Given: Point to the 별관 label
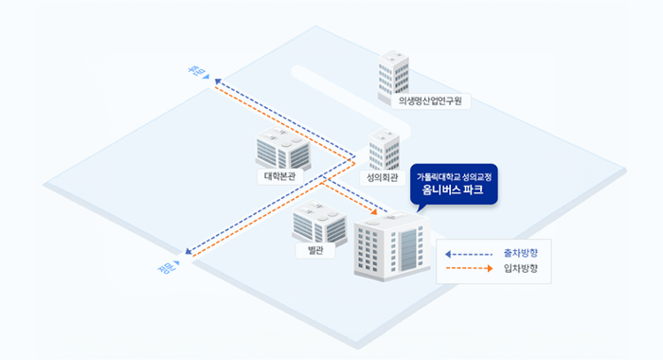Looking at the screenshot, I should coord(314,250).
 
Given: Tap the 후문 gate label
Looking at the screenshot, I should coord(197,72).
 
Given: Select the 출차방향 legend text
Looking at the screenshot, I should coord(520,253).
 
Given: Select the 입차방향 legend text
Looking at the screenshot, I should coord(520,269).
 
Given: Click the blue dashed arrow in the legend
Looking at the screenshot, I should coord(469,254).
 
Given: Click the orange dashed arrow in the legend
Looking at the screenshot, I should coord(469,269).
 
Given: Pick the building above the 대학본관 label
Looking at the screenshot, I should coord(282,148).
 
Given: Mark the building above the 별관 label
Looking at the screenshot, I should coord(318,224).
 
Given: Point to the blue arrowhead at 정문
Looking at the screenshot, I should coord(189,253).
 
